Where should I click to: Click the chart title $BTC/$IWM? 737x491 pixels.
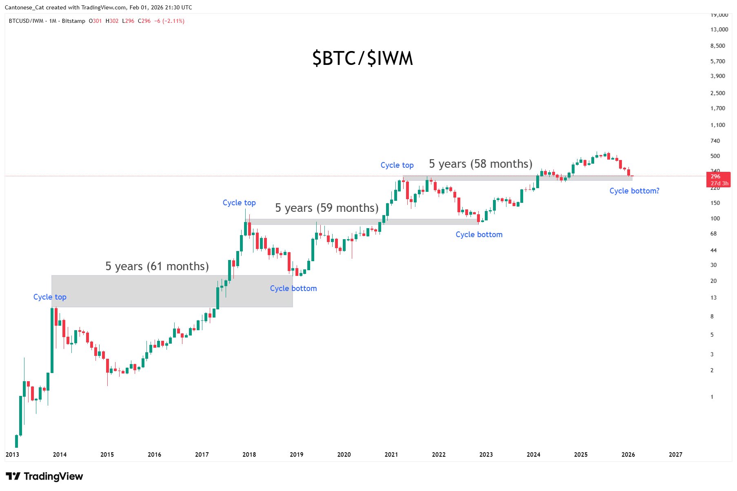[x=362, y=58]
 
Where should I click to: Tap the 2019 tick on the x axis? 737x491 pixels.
[x=297, y=455]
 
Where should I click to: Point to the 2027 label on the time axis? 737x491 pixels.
[x=675, y=455]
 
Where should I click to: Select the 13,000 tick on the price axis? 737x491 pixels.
[x=719, y=29]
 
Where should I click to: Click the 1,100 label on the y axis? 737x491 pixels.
[x=717, y=125]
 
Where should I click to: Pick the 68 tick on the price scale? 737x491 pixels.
[x=713, y=234]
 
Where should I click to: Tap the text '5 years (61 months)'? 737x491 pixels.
[x=157, y=267]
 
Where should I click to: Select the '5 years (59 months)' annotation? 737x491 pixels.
[x=326, y=208]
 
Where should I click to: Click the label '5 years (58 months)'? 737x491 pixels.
[x=480, y=164]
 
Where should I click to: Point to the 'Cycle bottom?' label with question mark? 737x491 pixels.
[x=634, y=191]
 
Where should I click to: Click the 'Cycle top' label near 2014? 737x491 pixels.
[x=50, y=297]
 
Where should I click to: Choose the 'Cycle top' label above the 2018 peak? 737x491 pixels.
[x=239, y=203]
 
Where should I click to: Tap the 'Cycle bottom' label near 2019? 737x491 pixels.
[x=293, y=289]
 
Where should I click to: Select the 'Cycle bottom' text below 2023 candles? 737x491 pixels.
[x=479, y=235]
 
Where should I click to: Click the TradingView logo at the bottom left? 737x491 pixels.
[x=44, y=476]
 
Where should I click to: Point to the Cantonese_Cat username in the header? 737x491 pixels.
[x=24, y=7]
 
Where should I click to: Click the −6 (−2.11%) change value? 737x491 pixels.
[x=169, y=21]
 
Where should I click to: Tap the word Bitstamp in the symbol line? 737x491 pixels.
[x=73, y=21]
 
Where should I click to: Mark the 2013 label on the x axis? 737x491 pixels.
[x=12, y=455]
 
